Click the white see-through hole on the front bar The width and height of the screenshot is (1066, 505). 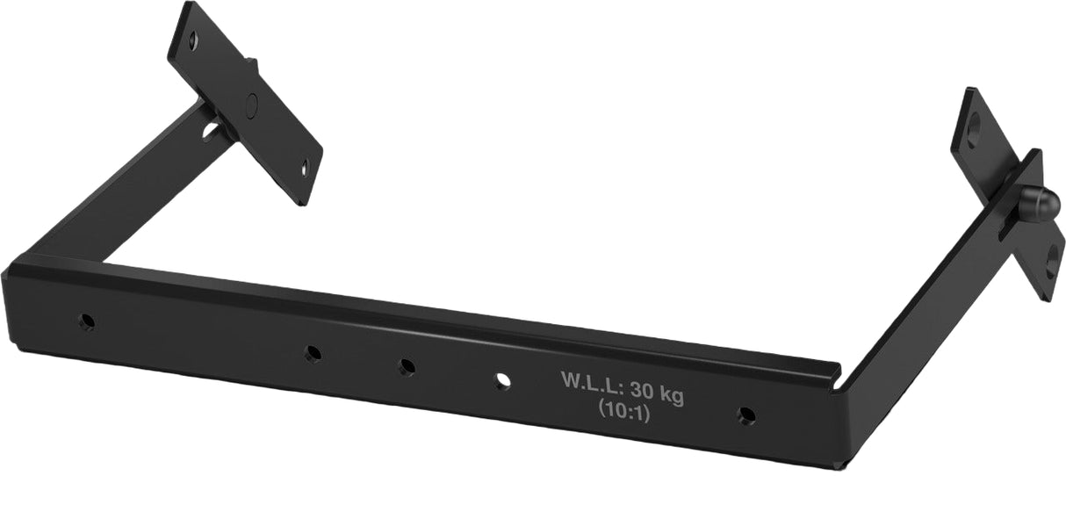pos(502,380)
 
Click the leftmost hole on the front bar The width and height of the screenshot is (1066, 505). pos(86,321)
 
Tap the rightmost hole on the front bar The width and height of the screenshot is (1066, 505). pos(746,414)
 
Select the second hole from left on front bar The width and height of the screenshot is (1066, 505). pos(313,353)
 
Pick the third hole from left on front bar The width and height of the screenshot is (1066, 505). pos(407,366)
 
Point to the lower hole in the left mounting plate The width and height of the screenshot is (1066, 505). pos(304,169)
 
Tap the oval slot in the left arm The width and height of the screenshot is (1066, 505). pos(212,132)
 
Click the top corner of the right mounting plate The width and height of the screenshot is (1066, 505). pos(969,89)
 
